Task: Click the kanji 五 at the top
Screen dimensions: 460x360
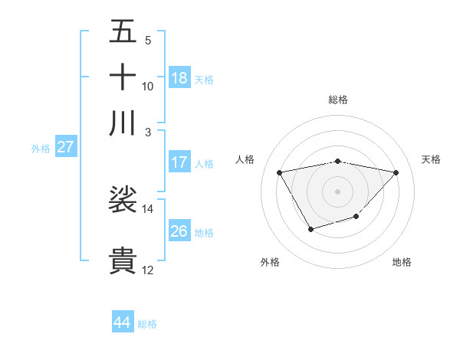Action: pyautogui.click(x=123, y=32)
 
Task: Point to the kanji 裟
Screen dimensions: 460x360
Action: pyautogui.click(x=123, y=200)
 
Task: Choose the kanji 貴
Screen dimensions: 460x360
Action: pyautogui.click(x=123, y=260)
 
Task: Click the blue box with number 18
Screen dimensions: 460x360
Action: pyautogui.click(x=179, y=78)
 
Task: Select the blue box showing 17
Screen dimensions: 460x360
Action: pyautogui.click(x=179, y=162)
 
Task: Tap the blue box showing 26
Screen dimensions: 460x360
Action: pyautogui.click(x=179, y=231)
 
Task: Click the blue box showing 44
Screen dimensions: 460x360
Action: pyautogui.click(x=122, y=322)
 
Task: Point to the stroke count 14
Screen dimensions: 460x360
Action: pyautogui.click(x=148, y=208)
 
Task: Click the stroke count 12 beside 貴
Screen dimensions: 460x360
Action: pyautogui.click(x=148, y=270)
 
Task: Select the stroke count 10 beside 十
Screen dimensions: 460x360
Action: pyautogui.click(x=148, y=86)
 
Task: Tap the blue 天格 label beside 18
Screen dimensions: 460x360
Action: pyautogui.click(x=204, y=80)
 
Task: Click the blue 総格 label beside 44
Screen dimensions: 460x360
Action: pyautogui.click(x=147, y=324)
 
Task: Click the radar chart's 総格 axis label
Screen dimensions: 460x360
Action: pyautogui.click(x=338, y=100)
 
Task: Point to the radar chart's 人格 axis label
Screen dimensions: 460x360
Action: pyautogui.click(x=246, y=159)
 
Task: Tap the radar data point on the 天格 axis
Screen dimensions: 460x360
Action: pyautogui.click(x=396, y=172)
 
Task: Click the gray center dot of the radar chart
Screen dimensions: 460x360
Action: pyautogui.click(x=338, y=191)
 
